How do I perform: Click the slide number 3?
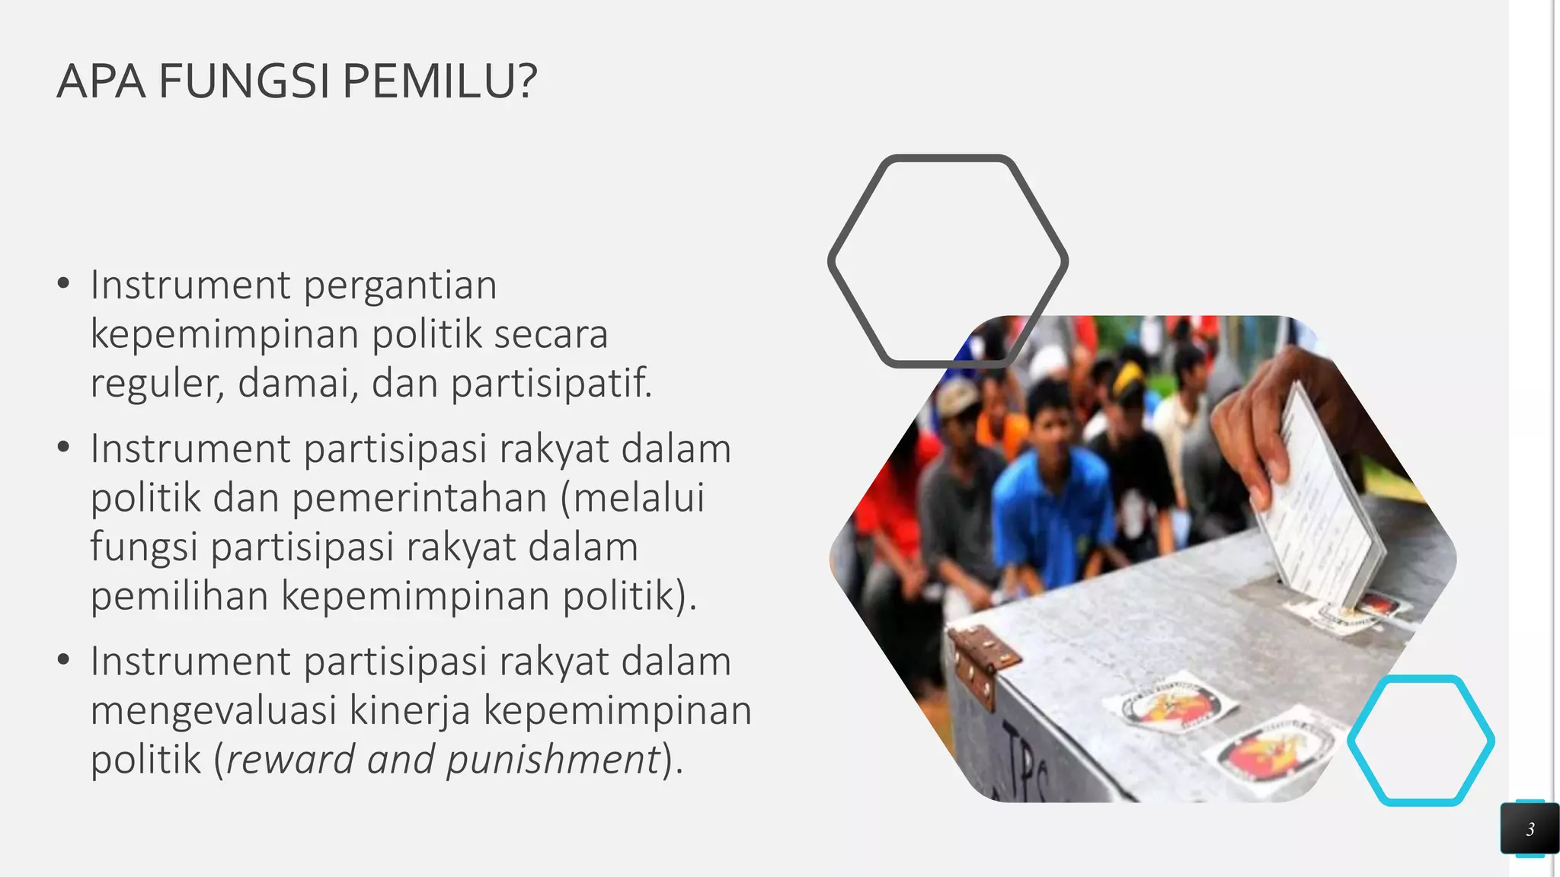[x=1530, y=829]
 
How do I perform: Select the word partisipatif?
[x=551, y=383]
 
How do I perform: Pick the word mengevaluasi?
[x=213, y=711]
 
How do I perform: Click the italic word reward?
[x=290, y=760]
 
